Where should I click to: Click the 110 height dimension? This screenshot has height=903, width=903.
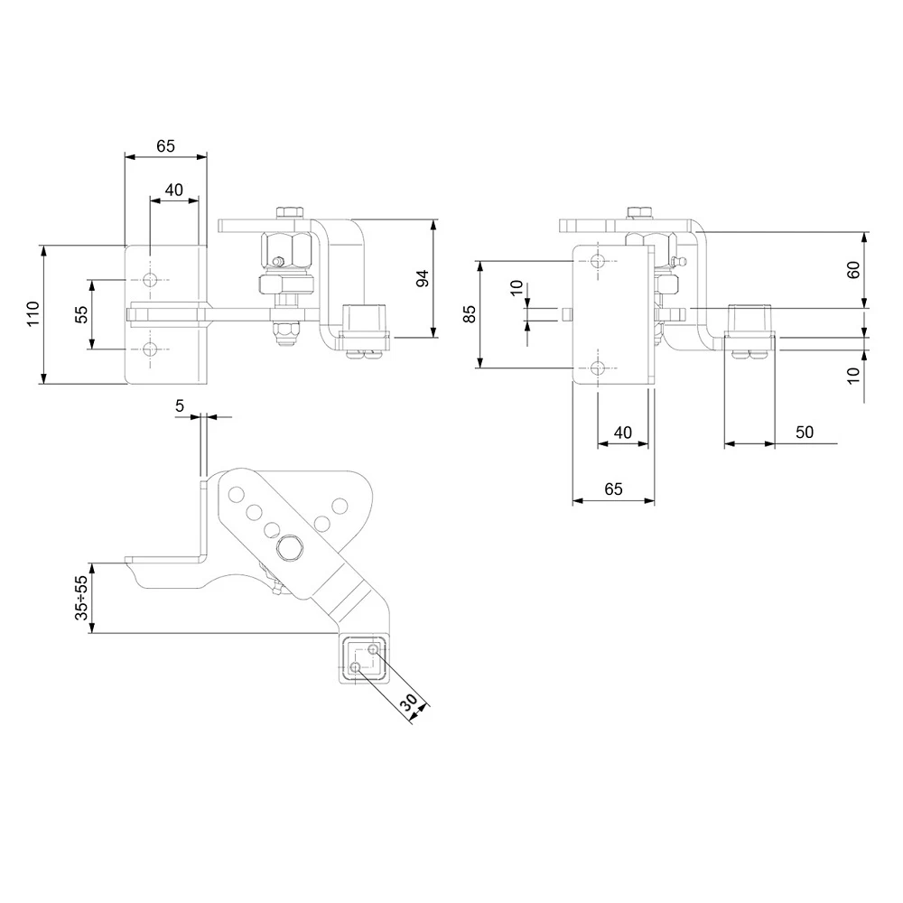click(x=33, y=313)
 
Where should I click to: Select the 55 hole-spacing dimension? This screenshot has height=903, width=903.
click(x=81, y=314)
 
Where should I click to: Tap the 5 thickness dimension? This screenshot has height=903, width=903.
click(x=181, y=406)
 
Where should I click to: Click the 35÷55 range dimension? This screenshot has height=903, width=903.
click(x=81, y=598)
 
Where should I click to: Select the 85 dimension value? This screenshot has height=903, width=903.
click(x=469, y=314)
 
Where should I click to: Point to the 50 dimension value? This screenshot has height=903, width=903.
click(x=805, y=433)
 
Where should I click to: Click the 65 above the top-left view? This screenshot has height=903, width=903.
click(x=165, y=145)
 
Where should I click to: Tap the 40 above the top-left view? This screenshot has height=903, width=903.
click(x=173, y=190)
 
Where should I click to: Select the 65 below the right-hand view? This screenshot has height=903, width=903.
click(x=613, y=489)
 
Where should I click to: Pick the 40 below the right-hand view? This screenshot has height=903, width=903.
click(x=623, y=433)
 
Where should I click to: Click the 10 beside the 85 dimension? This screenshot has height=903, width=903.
click(x=516, y=288)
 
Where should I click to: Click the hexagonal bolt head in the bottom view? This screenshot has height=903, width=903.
click(x=291, y=547)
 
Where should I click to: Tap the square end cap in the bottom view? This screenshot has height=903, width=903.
click(x=365, y=657)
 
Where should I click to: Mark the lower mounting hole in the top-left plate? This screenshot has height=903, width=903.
click(x=149, y=349)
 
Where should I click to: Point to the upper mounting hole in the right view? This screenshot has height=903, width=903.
click(x=599, y=261)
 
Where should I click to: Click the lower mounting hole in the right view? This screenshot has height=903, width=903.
click(x=599, y=367)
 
